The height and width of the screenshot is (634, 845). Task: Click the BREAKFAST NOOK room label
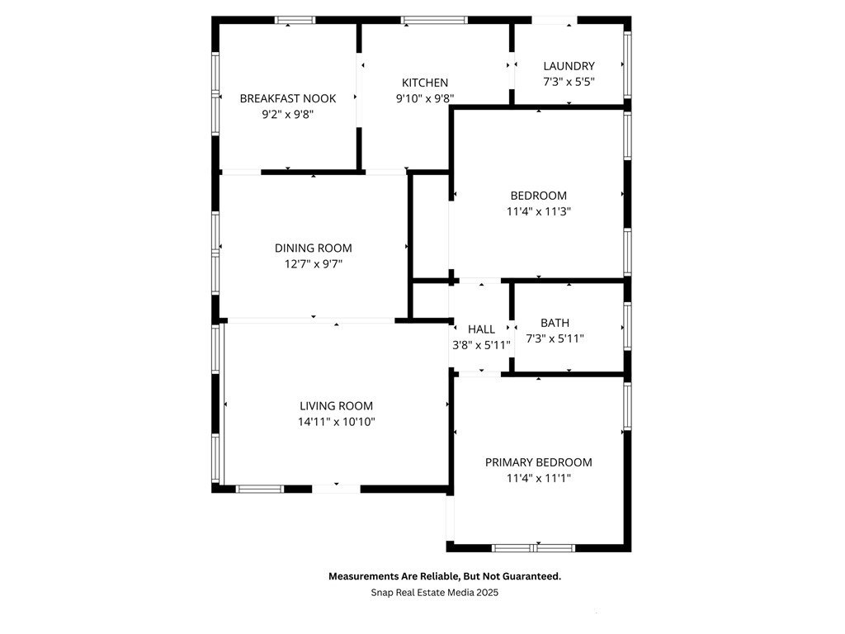(288, 99)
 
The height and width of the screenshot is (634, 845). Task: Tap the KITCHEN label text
(425, 83)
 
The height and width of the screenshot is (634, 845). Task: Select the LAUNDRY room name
(569, 66)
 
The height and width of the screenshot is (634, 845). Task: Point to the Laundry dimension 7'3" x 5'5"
(569, 82)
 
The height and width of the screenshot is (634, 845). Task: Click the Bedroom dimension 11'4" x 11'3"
(538, 211)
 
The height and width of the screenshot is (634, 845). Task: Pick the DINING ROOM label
(313, 248)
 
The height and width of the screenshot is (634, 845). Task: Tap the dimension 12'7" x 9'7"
(313, 263)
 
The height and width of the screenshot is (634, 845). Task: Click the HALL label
(481, 329)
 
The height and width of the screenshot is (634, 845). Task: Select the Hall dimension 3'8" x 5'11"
(481, 345)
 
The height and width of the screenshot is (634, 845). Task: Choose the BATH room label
(555, 323)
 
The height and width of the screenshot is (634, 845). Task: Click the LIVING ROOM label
(337, 406)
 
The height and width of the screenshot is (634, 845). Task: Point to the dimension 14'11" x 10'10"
(337, 422)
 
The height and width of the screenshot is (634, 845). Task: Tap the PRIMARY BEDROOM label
(538, 462)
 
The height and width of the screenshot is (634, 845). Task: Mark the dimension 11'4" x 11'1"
(538, 478)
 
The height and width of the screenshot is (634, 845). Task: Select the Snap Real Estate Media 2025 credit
(434, 593)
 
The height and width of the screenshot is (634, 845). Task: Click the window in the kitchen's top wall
(434, 20)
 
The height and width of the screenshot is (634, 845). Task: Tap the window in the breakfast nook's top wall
(295, 20)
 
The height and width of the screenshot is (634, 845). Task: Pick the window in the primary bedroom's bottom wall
(534, 548)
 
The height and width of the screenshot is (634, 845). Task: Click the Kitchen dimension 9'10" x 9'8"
(425, 98)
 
